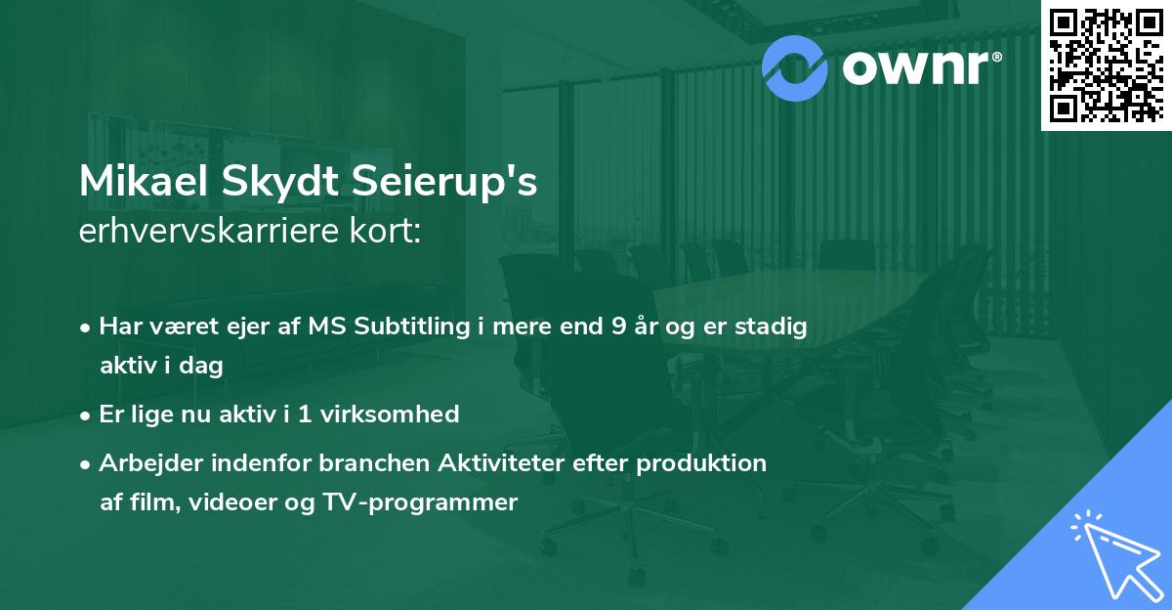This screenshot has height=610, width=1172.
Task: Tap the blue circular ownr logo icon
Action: (x=794, y=67)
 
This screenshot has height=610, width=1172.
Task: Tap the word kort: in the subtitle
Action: (x=390, y=232)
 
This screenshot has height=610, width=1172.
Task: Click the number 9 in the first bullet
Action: (x=618, y=327)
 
